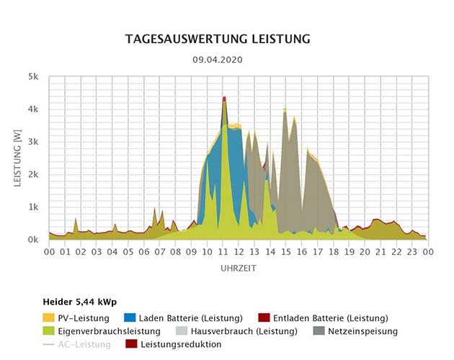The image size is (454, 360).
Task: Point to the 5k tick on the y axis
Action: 34,76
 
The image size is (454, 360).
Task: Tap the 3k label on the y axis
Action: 34,142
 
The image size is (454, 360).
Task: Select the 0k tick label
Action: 34,240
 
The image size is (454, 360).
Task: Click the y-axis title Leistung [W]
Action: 18,158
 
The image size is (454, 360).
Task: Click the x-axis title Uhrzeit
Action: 238,268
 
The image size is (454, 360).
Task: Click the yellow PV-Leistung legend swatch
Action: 49,318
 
